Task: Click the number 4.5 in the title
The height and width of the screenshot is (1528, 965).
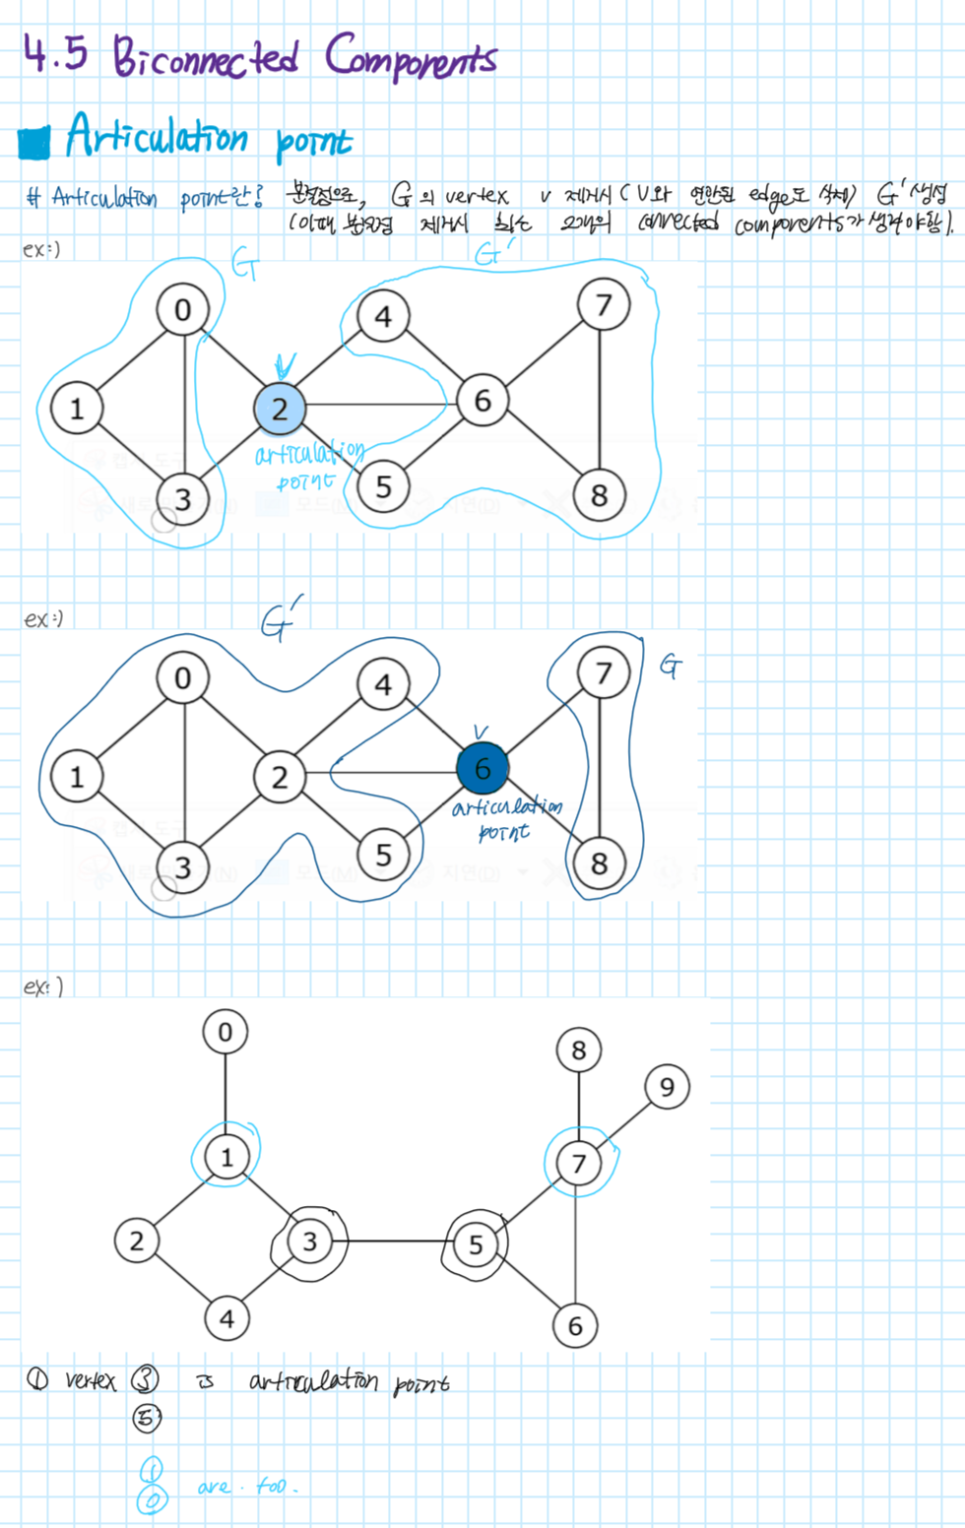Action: [55, 55]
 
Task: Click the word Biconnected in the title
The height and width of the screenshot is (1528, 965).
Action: [205, 57]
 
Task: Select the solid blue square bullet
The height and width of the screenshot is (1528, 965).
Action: [34, 142]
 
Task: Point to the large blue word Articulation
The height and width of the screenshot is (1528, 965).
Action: [157, 136]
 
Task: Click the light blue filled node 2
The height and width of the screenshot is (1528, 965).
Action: [280, 409]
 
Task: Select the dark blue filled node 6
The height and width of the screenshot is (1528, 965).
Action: [482, 769]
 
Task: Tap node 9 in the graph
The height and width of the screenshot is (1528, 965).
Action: [667, 1087]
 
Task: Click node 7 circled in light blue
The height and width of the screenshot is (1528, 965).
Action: [579, 1164]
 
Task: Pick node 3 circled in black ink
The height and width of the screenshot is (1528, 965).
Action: [309, 1241]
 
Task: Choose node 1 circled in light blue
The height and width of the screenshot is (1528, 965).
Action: [226, 1157]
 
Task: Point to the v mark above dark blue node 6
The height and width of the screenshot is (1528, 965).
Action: [481, 732]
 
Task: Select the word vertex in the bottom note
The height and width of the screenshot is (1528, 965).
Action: [91, 1380]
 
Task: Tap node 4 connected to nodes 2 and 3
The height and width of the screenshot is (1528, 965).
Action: [226, 1318]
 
